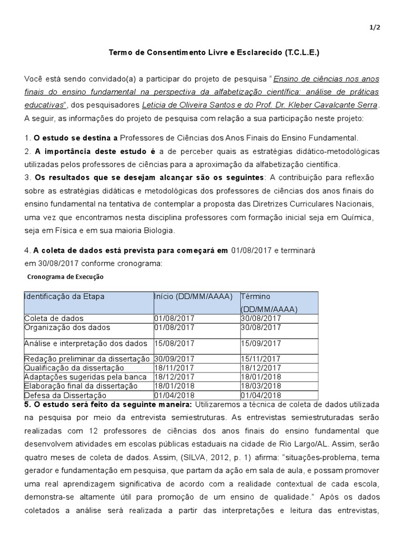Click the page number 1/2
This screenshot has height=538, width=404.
click(x=374, y=30)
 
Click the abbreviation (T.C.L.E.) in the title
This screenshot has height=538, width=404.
click(x=301, y=53)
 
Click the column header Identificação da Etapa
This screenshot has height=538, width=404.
click(x=64, y=296)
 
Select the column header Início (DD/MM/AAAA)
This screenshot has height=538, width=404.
click(x=193, y=296)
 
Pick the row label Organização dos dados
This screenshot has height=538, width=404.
click(x=67, y=327)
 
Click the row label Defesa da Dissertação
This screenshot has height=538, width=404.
click(x=65, y=395)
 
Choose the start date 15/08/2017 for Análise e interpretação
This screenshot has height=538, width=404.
click(x=174, y=344)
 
